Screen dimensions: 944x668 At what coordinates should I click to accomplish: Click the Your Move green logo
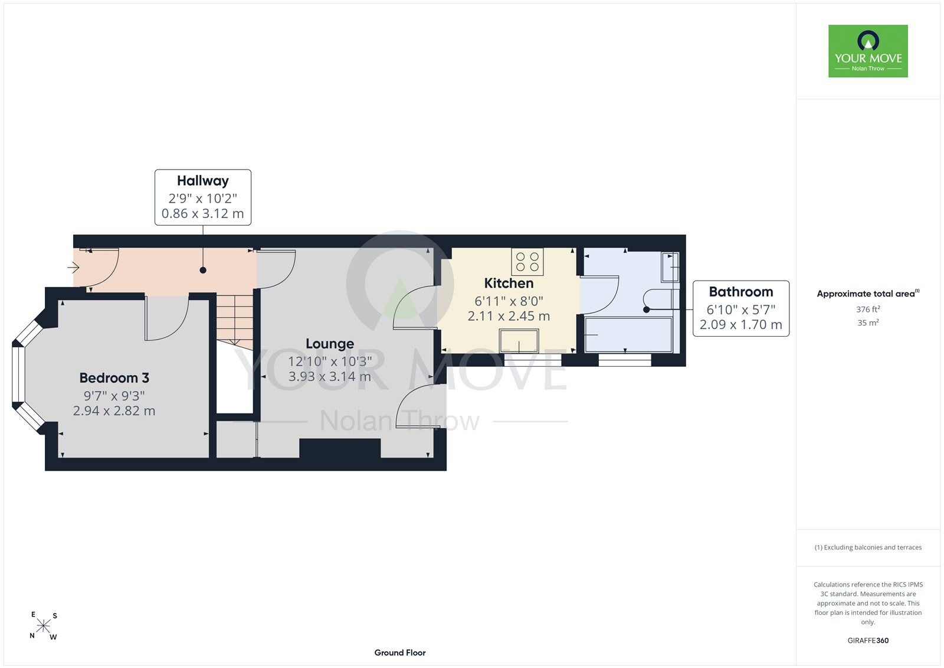tap(868, 51)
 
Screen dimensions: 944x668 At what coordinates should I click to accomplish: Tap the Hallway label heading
tap(203, 181)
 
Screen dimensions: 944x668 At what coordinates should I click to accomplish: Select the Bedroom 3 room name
tap(114, 377)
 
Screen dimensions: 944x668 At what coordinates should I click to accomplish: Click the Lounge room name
tap(330, 344)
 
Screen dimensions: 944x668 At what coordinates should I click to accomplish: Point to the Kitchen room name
tap(509, 283)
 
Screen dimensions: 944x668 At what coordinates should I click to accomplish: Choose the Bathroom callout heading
tap(741, 292)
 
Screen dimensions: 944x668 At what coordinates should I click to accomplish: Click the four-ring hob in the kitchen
tap(527, 262)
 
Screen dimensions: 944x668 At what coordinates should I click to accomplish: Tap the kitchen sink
tap(519, 341)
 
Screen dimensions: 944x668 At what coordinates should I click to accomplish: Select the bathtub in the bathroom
tap(628, 335)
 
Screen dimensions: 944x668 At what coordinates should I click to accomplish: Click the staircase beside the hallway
tap(235, 322)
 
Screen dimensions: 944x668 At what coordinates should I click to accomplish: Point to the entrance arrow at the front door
tap(73, 267)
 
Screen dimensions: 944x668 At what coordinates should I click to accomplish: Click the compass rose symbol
tap(44, 625)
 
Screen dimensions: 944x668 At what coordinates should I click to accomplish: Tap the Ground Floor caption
tap(400, 653)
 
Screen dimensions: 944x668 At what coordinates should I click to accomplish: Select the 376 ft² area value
tap(868, 309)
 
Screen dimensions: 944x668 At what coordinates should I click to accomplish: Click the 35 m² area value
tap(868, 323)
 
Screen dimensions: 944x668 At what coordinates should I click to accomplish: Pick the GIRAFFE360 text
tap(868, 640)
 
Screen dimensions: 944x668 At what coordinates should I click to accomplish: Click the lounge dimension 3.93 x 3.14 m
tap(330, 376)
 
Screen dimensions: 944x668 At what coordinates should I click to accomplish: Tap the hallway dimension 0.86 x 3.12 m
tap(203, 214)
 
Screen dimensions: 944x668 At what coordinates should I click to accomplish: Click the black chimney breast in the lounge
tap(340, 448)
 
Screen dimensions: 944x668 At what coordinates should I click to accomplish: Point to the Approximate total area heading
tap(868, 294)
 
